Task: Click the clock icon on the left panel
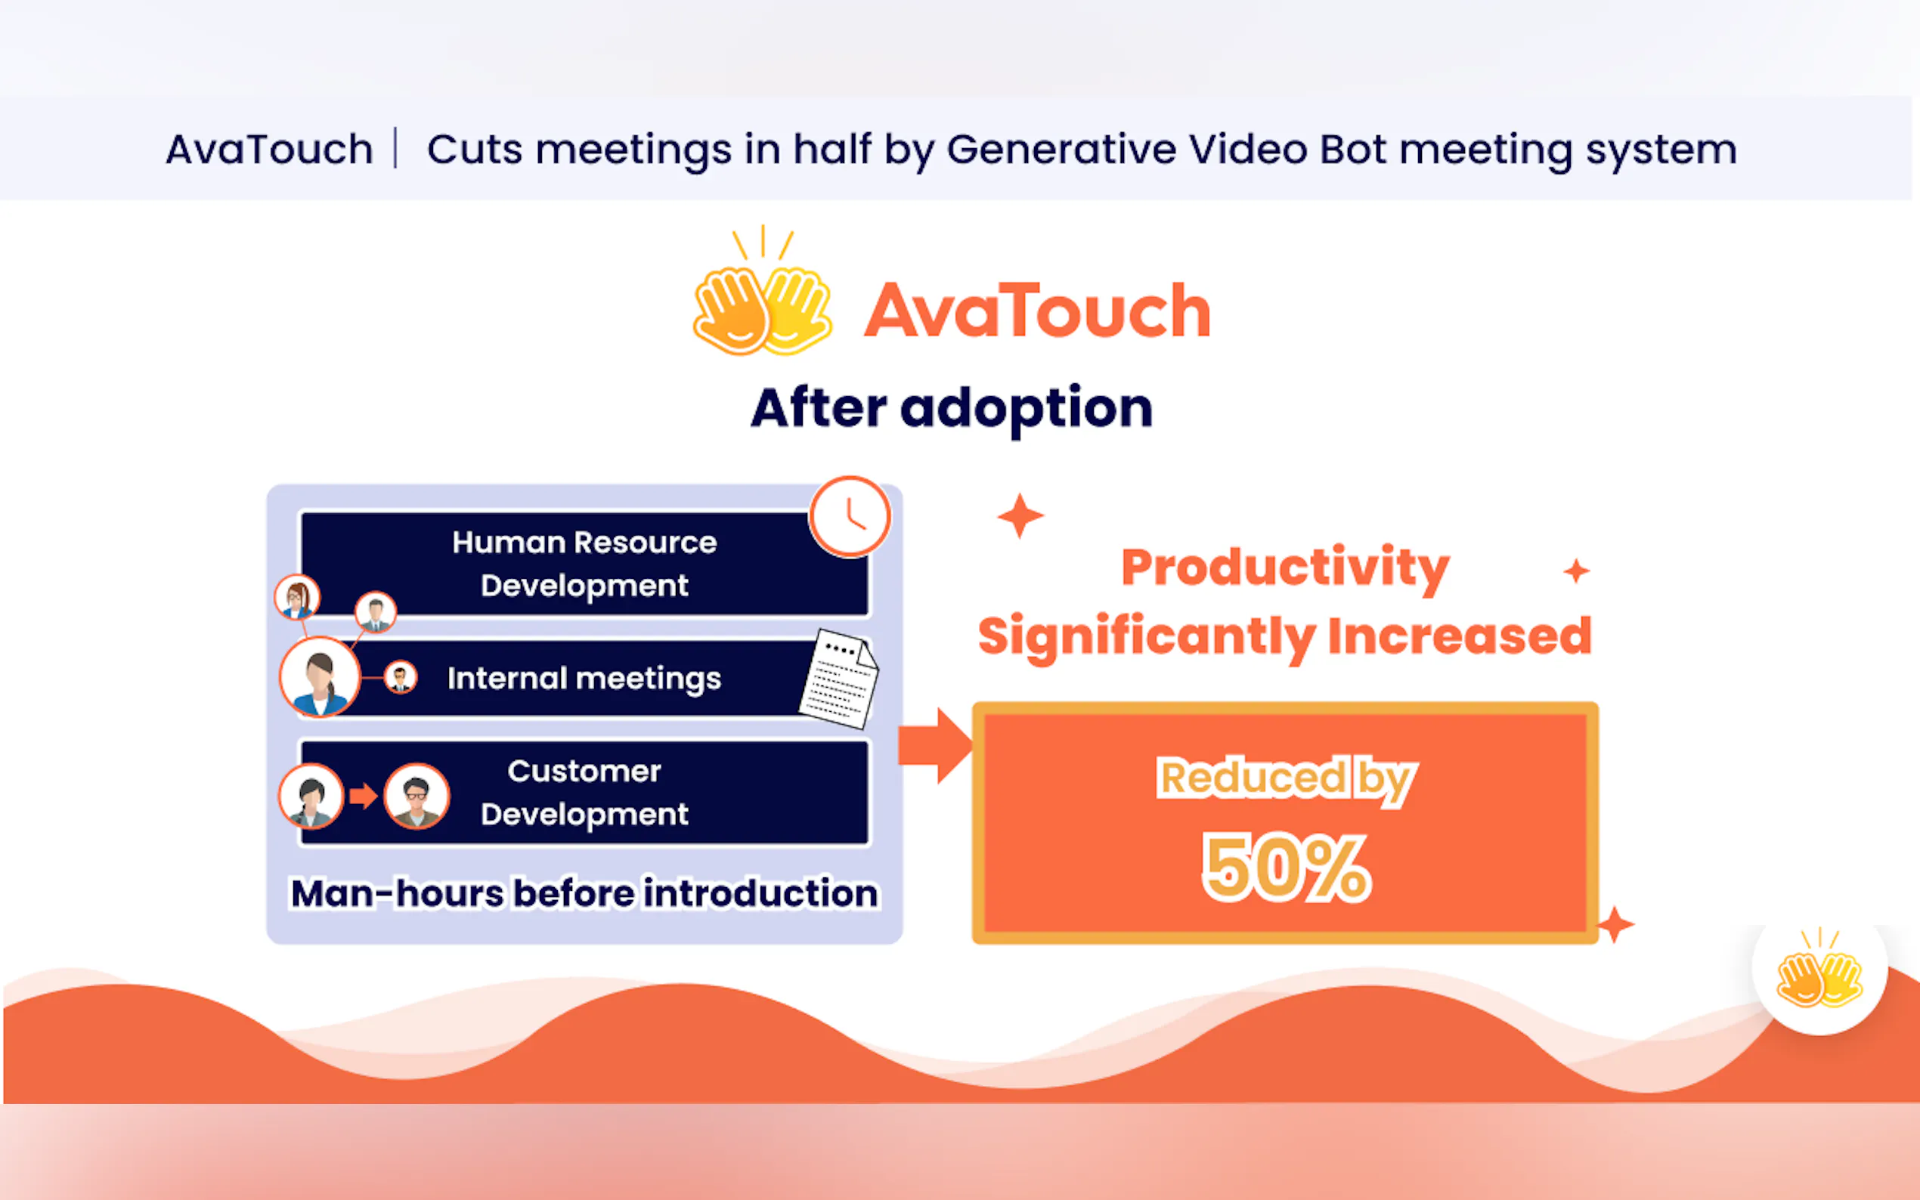[x=850, y=516]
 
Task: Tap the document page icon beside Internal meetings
[x=838, y=679]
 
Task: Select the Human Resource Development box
[x=584, y=564]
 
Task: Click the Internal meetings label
[x=584, y=679]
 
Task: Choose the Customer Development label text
[x=584, y=792]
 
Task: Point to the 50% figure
[x=1286, y=868]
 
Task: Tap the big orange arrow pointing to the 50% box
[x=935, y=746]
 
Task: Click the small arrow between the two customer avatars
[x=364, y=795]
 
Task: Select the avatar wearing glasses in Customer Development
[x=417, y=796]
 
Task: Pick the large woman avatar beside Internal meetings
[x=320, y=677]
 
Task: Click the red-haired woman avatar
[x=297, y=597]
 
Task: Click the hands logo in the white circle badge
[x=1819, y=968]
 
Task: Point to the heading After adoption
[x=952, y=409]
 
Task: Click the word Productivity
[x=1285, y=569]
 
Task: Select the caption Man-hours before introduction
[x=584, y=893]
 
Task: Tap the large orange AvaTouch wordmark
[x=1037, y=311]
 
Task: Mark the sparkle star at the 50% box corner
[x=1615, y=925]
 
